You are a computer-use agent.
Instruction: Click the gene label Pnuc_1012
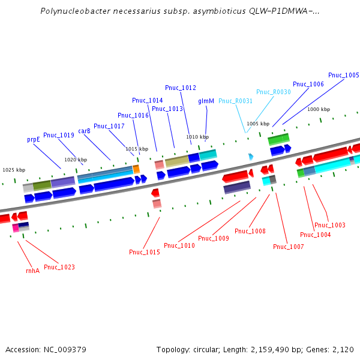pos(181,88)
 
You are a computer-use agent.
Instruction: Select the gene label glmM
pos(206,101)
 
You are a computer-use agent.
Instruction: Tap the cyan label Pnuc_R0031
pos(235,101)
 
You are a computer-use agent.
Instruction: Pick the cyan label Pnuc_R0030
pos(274,92)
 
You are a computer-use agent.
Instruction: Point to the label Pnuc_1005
pos(344,75)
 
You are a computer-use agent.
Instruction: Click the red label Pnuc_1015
pos(145,252)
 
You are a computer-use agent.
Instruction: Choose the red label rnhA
pos(32,271)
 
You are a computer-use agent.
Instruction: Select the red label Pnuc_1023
pos(59,267)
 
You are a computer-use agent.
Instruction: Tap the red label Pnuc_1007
pos(289,247)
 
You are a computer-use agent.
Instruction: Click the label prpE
pos(34,139)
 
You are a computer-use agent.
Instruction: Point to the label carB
pos(84,130)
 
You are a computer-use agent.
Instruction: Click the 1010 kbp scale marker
pos(197,137)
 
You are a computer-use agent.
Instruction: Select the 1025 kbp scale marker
pos(14,170)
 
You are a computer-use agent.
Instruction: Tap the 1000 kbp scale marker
pos(319,109)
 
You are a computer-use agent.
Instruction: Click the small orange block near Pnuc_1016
pos(136,169)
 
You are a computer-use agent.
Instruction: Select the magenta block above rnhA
pos(16,227)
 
